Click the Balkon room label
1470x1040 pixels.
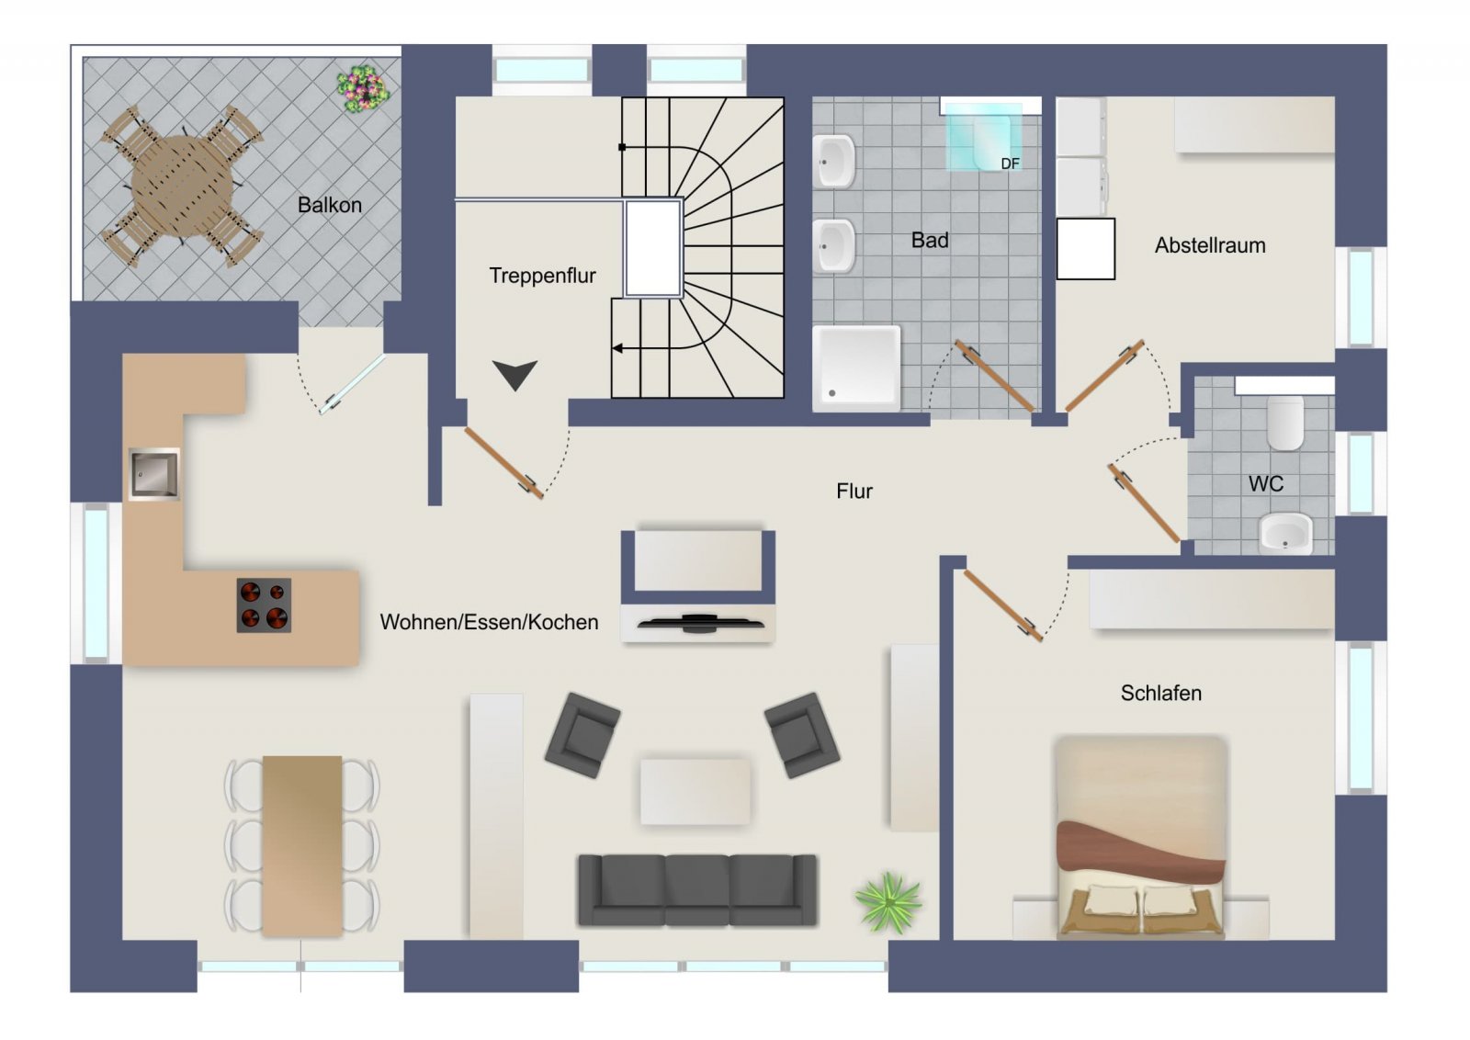pyautogui.click(x=330, y=205)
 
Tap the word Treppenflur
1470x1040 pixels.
pyautogui.click(x=542, y=276)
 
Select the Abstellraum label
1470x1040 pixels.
pyautogui.click(x=1209, y=245)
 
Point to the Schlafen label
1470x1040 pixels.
pyautogui.click(x=1160, y=693)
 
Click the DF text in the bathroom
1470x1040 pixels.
pyautogui.click(x=1010, y=164)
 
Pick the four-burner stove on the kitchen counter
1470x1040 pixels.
pyautogui.click(x=264, y=605)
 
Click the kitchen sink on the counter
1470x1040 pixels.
pyautogui.click(x=153, y=474)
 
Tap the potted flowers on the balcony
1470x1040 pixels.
pyautogui.click(x=363, y=88)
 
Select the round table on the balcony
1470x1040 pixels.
pyautogui.click(x=182, y=186)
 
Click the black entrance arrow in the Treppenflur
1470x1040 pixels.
pyautogui.click(x=515, y=374)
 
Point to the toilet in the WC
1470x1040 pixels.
pyautogui.click(x=1285, y=423)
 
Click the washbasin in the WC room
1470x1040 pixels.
pyautogui.click(x=1285, y=534)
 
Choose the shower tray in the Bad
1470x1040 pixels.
pyautogui.click(x=856, y=368)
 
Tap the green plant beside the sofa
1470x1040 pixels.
pyautogui.click(x=888, y=902)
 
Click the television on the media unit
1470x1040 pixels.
pyautogui.click(x=700, y=622)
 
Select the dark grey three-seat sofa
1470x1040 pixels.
pyautogui.click(x=697, y=889)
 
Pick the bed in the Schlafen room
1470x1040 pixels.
pyautogui.click(x=1140, y=837)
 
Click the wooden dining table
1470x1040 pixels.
pyautogui.click(x=302, y=846)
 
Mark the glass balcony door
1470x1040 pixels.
pyautogui.click(x=353, y=385)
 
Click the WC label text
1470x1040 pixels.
pyautogui.click(x=1266, y=483)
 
